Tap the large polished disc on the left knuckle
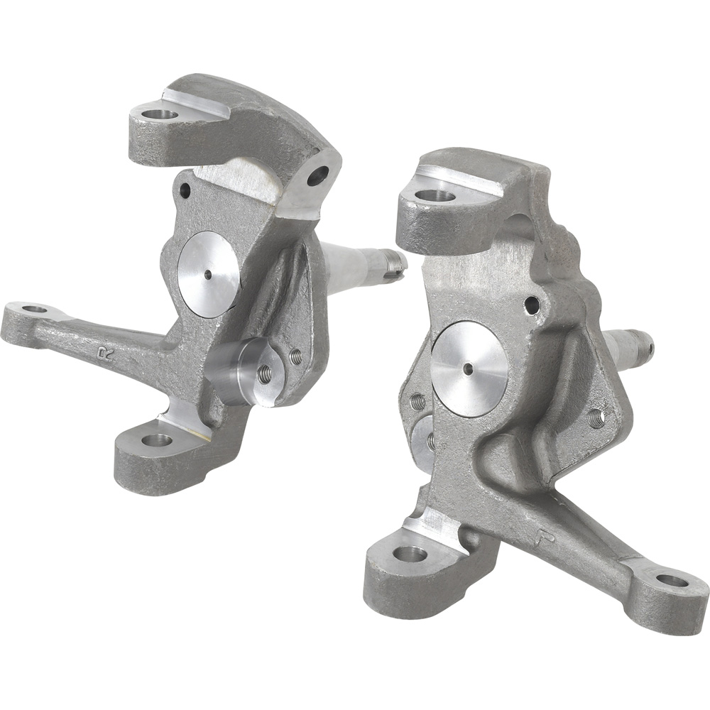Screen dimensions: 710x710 [x=209, y=273]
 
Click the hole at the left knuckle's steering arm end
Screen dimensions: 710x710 [x=34, y=310]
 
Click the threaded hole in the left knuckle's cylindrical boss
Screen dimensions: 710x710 [x=264, y=373]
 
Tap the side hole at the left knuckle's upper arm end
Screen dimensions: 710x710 [x=317, y=175]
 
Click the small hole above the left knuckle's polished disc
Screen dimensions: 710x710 [x=185, y=190]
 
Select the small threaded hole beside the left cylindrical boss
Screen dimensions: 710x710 [x=295, y=356]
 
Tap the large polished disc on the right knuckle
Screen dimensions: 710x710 [x=469, y=368]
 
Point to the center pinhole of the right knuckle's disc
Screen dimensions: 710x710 [x=469, y=368]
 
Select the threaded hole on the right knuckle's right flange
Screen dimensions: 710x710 [x=596, y=418]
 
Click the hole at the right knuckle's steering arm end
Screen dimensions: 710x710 [x=671, y=581]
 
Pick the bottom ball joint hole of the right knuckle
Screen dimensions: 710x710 [x=410, y=553]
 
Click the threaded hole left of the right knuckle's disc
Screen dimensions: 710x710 [x=418, y=403]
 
